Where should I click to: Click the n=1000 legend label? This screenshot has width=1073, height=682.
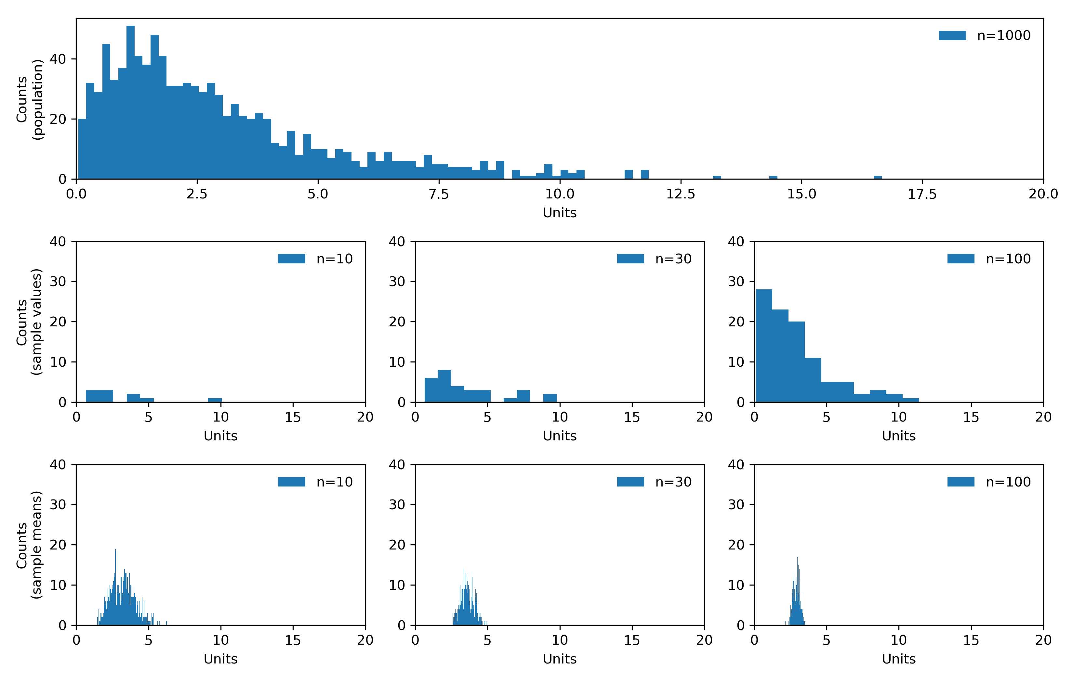coord(1003,36)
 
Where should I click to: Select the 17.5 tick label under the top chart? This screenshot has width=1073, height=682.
coord(922,194)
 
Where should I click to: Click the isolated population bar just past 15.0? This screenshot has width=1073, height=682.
coord(877,178)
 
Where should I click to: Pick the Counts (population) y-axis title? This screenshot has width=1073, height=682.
coord(29,99)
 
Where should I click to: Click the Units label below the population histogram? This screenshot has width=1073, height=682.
coord(559,213)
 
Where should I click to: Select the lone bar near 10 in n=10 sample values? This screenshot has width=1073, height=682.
coord(215,400)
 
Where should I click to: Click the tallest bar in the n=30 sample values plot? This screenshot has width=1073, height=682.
coord(444,386)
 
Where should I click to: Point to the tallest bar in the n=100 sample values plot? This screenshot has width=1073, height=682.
coord(764,346)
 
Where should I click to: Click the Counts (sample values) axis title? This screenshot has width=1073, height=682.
coord(29,322)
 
